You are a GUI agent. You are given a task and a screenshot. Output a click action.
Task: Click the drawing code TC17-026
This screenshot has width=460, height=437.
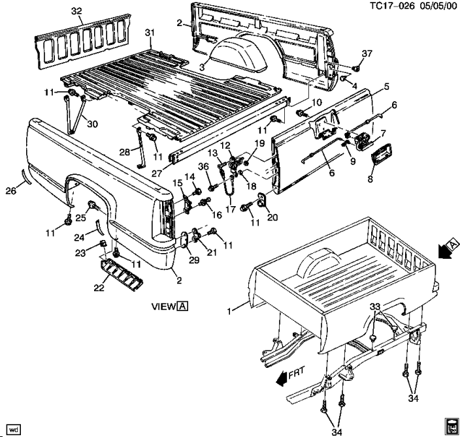click(x=391, y=6)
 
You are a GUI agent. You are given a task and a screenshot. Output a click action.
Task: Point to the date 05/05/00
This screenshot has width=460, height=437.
click(x=436, y=6)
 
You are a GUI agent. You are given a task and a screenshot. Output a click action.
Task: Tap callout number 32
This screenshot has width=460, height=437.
click(x=76, y=12)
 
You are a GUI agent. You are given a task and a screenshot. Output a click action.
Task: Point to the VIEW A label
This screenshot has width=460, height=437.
click(x=169, y=305)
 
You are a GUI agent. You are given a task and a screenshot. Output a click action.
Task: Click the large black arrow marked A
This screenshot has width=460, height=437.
click(x=448, y=250)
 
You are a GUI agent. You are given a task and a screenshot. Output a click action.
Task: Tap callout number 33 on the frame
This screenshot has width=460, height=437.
click(x=374, y=306)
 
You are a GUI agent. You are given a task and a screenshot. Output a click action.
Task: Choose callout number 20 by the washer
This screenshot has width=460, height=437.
click(x=272, y=218)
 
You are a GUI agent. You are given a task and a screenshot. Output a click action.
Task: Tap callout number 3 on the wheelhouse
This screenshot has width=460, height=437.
click(x=203, y=67)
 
